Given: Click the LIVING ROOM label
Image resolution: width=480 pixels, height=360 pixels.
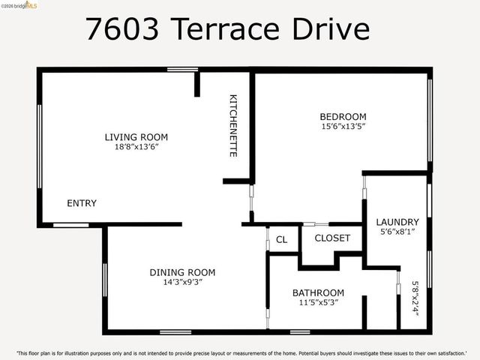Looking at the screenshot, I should [x=136, y=137].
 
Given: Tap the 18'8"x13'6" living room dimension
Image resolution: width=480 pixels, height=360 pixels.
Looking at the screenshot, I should [x=136, y=148].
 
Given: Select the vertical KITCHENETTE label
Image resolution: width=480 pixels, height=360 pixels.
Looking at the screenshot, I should [x=233, y=125].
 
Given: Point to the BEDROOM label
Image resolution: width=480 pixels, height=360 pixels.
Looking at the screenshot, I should [x=343, y=116].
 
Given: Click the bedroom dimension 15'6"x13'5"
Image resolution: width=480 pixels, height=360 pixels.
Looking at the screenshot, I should [x=343, y=127].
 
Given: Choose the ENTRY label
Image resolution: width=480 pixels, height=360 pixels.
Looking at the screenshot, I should [x=82, y=203].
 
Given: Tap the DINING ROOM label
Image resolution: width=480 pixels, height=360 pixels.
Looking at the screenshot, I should [x=182, y=272].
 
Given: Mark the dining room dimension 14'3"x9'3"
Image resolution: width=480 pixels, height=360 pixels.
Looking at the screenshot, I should [x=182, y=283].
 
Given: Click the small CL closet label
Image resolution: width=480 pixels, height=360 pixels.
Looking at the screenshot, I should [x=281, y=240].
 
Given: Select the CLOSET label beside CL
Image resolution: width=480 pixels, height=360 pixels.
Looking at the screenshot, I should [x=332, y=238].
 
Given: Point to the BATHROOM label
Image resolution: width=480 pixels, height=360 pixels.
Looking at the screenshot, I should [x=318, y=292].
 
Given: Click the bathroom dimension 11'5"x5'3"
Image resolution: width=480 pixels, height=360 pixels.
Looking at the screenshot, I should [x=318, y=303].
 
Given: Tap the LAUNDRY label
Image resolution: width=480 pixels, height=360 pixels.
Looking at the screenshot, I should [x=397, y=222].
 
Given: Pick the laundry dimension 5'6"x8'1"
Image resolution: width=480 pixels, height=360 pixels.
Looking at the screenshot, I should [x=397, y=232].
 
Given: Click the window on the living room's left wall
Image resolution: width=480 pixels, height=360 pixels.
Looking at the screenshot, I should [x=39, y=146].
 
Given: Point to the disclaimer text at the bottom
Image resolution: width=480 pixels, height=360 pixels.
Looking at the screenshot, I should [x=240, y=352].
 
